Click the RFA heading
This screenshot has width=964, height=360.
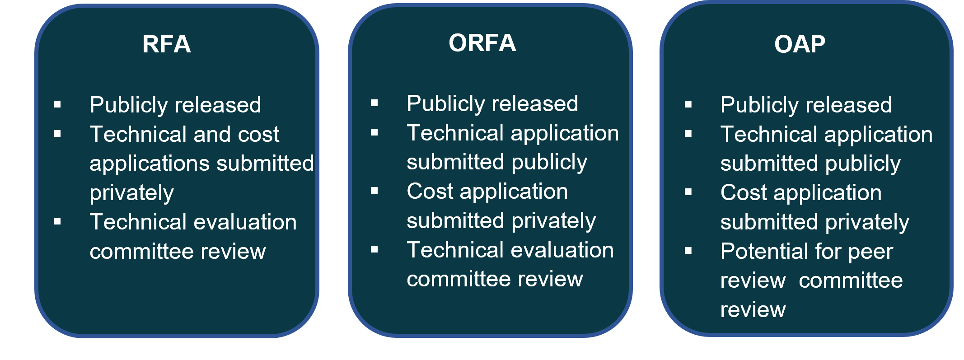(x=166, y=44)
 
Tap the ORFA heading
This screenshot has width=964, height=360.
(x=482, y=43)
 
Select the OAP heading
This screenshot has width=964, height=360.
(x=800, y=44)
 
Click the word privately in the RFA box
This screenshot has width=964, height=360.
(x=131, y=193)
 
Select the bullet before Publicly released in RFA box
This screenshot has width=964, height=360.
(x=57, y=105)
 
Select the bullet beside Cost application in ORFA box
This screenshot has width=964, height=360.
(x=374, y=191)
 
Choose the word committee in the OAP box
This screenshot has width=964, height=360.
(x=851, y=281)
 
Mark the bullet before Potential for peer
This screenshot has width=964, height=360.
(x=688, y=251)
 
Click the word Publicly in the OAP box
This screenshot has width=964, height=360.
(x=753, y=106)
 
